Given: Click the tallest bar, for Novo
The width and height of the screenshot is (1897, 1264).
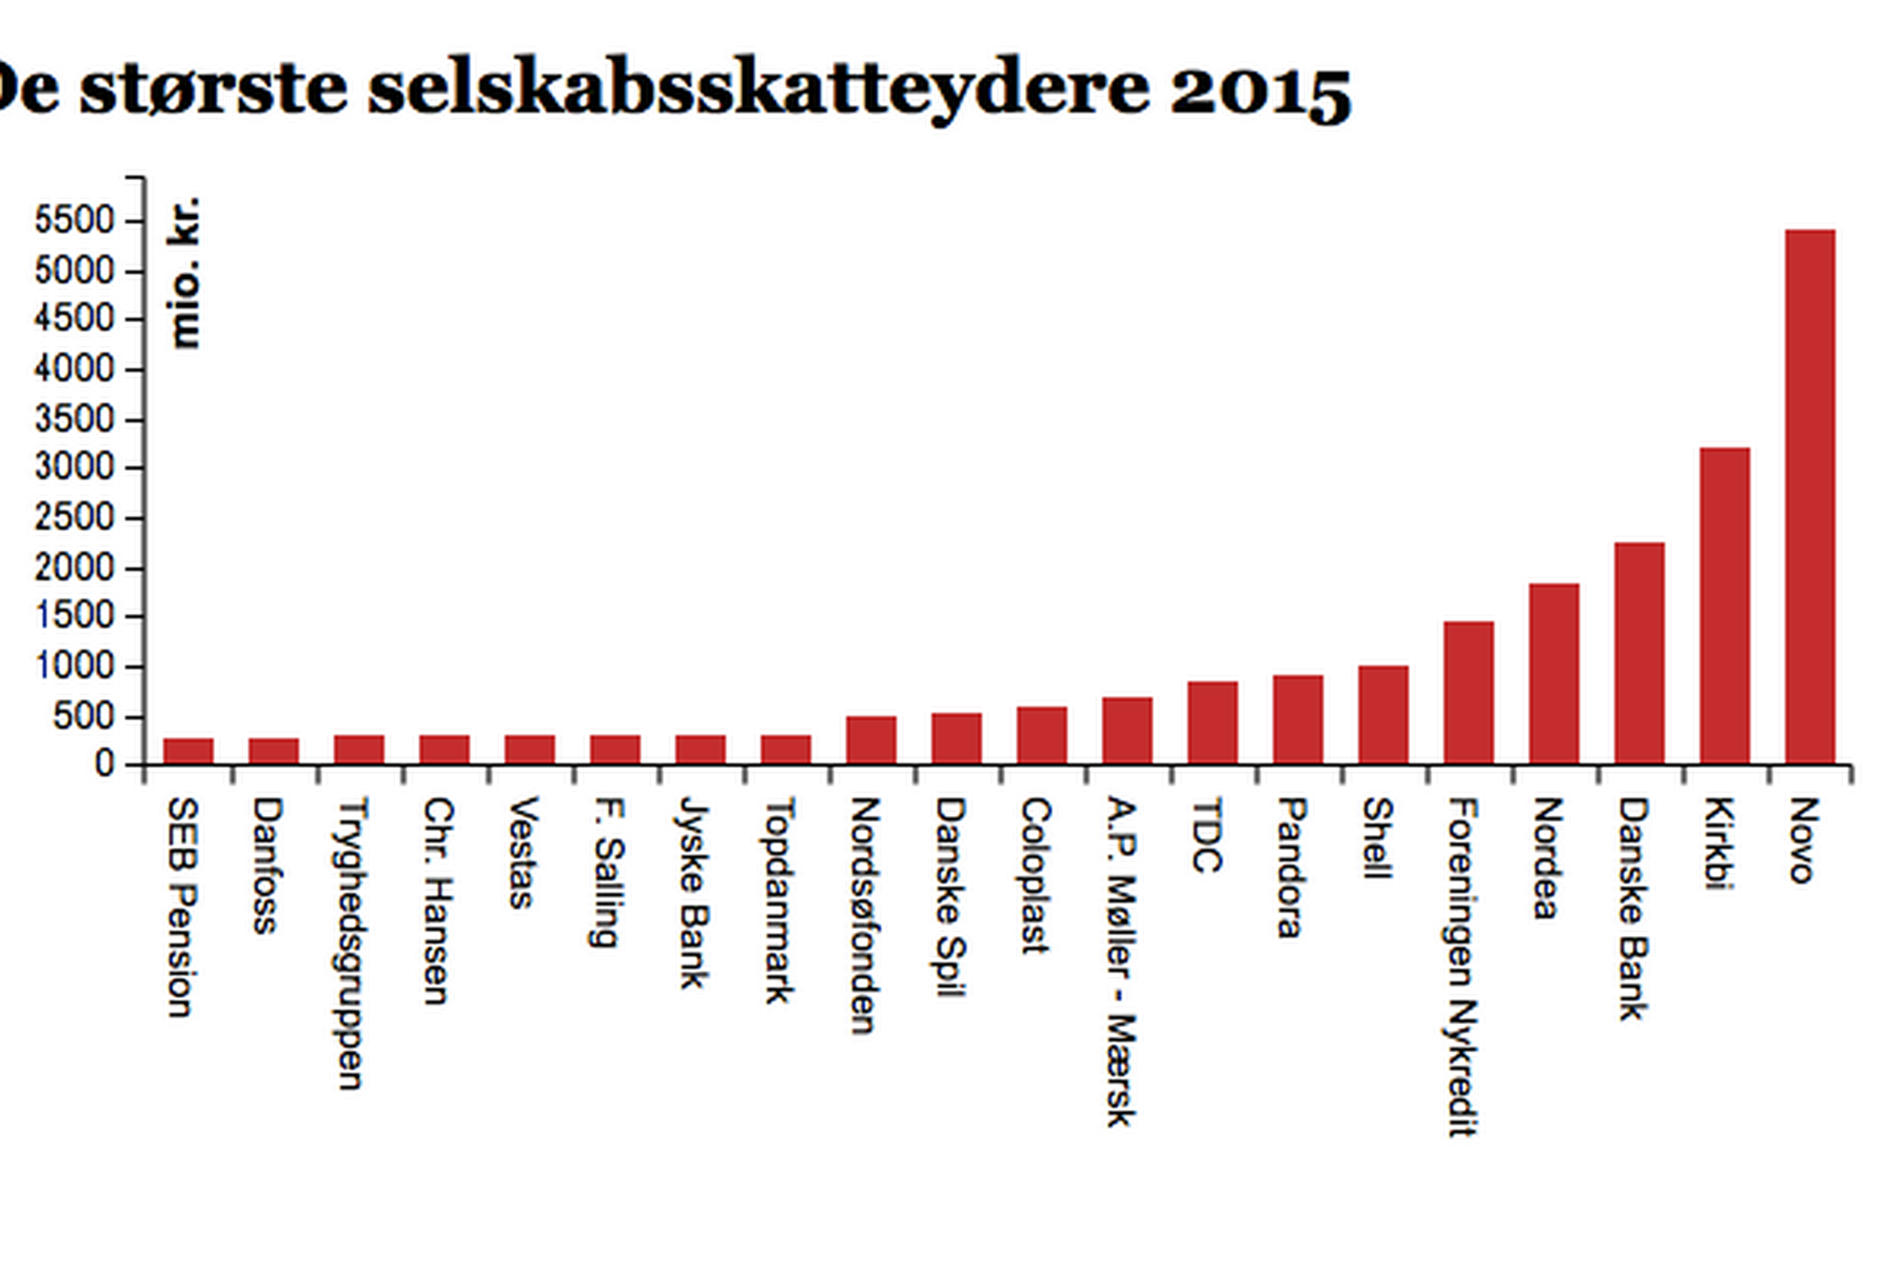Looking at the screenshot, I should (1810, 497).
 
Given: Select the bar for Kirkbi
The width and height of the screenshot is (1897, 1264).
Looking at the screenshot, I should (1724, 606).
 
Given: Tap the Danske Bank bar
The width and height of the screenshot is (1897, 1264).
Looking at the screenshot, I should (1639, 653).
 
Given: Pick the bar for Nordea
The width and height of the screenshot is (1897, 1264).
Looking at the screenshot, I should (1553, 673).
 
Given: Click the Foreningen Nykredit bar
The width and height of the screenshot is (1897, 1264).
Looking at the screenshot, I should (1468, 692).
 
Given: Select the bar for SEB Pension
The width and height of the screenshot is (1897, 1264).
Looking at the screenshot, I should (188, 751).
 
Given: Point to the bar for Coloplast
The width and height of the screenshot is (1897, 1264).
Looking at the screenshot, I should (1041, 735).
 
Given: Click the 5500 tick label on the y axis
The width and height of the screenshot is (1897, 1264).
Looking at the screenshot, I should (75, 221).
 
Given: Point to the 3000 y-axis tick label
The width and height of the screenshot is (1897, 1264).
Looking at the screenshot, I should (75, 469).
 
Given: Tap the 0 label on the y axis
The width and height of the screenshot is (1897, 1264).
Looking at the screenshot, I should (104, 764).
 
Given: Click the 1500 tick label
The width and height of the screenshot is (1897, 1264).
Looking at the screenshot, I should (75, 617).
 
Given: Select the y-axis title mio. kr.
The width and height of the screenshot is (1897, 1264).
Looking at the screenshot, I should (184, 272).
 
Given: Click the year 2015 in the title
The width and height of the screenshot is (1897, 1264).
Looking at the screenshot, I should (1260, 90).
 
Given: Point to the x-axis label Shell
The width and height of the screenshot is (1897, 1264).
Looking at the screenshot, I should (1377, 838).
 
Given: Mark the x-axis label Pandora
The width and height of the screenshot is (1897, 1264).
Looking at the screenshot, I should (1292, 867).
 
